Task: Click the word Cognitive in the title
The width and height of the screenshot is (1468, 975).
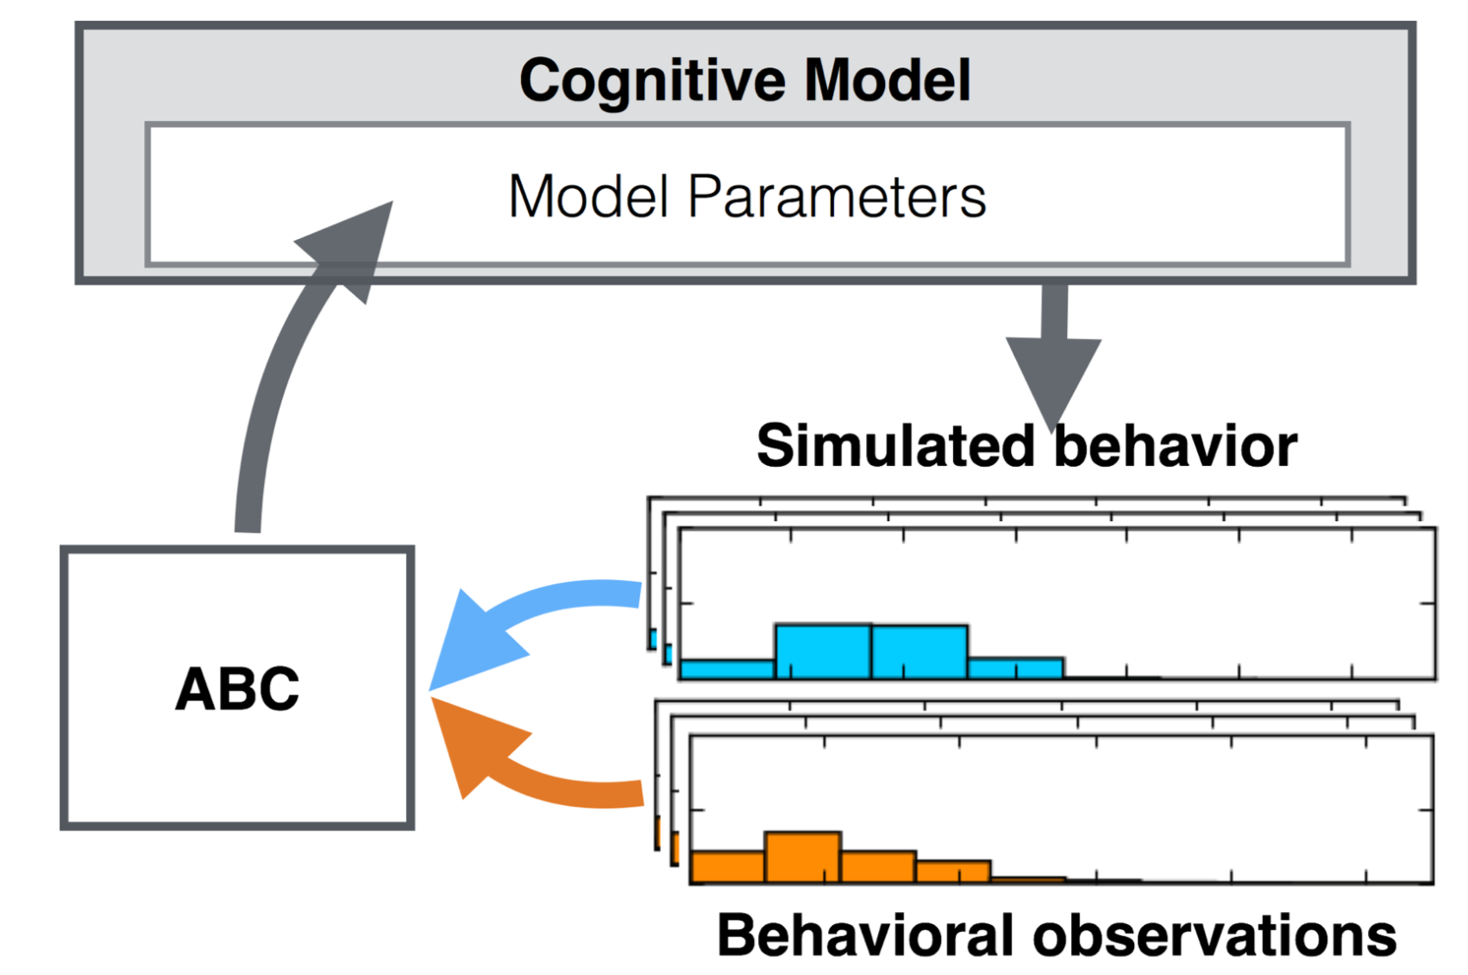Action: [652, 81]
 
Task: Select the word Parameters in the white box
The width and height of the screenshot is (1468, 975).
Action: [836, 197]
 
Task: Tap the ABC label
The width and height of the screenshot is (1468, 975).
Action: [237, 689]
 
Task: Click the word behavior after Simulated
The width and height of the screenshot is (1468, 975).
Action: [1176, 446]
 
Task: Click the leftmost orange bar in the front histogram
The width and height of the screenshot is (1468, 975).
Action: [727, 866]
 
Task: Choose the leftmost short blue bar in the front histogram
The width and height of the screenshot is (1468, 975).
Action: [727, 669]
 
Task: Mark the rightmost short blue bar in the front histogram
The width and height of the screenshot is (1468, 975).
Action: [1015, 668]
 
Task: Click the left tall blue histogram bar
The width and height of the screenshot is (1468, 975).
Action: [823, 651]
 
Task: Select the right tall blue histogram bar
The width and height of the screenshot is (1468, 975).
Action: [919, 651]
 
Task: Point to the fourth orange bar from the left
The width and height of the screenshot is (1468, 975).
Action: [953, 871]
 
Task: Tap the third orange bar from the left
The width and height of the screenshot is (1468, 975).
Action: [878, 866]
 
